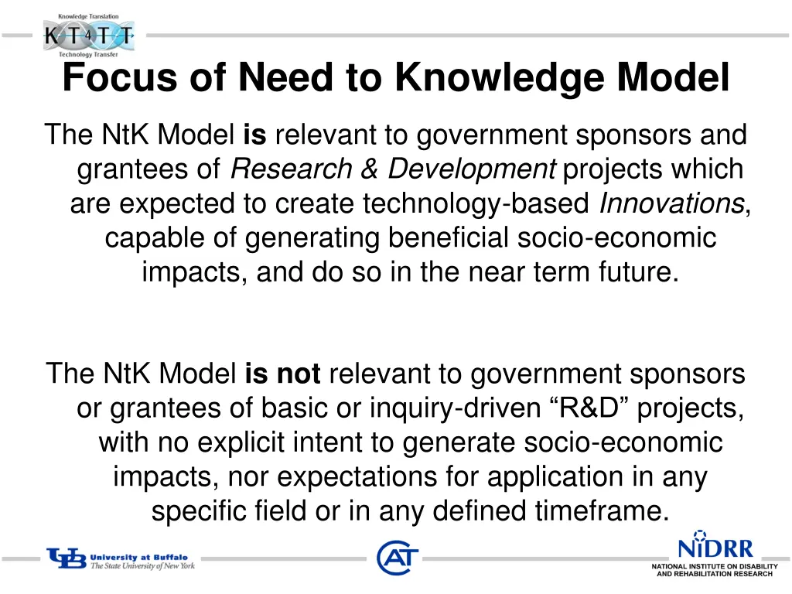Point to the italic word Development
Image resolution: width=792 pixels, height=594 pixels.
coord(472,169)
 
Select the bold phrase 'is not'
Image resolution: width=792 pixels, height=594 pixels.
coord(282,374)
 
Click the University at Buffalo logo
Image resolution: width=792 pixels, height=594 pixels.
coord(121,559)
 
